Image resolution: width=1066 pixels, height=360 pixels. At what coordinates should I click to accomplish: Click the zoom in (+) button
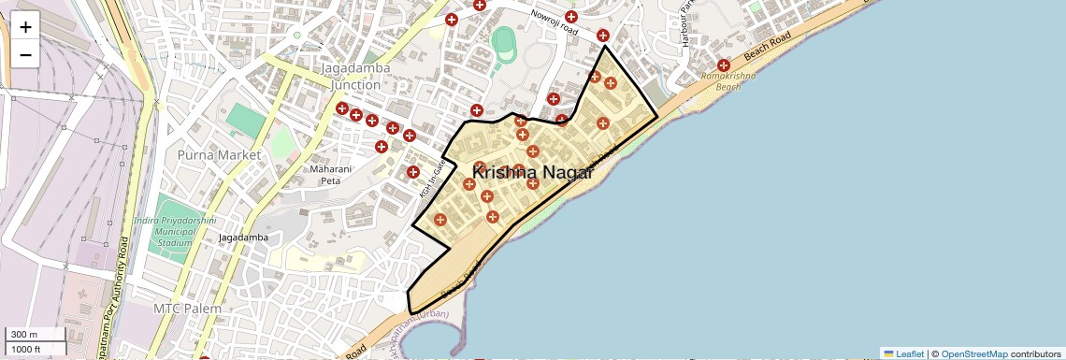(25, 26)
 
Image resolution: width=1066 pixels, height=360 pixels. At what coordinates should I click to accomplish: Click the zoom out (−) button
(25, 54)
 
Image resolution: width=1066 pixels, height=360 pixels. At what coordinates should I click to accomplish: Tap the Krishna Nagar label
(532, 172)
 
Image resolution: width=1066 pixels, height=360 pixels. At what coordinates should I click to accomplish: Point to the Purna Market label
(220, 154)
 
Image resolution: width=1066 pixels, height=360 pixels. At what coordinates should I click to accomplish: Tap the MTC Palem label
(188, 309)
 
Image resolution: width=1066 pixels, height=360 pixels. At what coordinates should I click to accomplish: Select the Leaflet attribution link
(903, 353)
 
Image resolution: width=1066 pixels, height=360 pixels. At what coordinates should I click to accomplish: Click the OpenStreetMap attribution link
(974, 353)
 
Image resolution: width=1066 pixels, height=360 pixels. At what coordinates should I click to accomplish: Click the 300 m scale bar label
(24, 335)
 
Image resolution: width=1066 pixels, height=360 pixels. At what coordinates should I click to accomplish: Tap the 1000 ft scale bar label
(26, 349)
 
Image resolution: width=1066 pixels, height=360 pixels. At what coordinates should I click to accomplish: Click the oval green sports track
(503, 40)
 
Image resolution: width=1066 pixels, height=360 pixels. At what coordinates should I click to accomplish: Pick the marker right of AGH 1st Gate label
(412, 171)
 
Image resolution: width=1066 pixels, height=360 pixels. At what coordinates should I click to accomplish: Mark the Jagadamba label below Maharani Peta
(243, 238)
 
